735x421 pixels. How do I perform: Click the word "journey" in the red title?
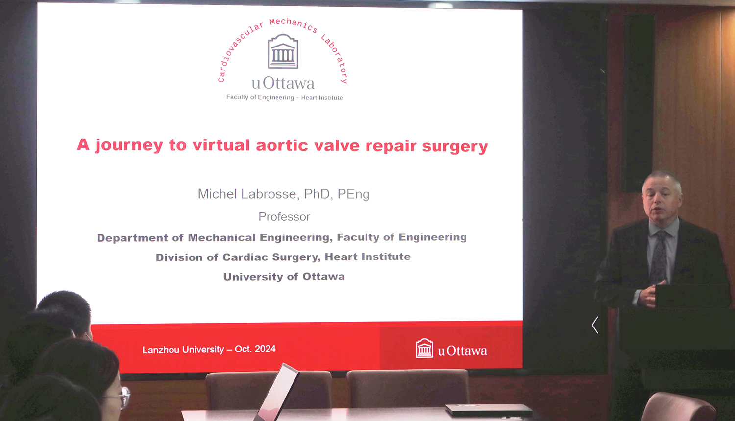(129, 145)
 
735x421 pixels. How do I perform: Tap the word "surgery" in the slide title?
(455, 146)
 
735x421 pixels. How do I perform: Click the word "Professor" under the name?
(284, 217)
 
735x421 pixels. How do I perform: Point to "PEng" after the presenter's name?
(353, 194)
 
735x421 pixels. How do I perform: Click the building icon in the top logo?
(283, 51)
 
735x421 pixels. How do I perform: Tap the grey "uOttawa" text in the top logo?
(283, 83)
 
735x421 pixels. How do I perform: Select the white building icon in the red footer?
(424, 348)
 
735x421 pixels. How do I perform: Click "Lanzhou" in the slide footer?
(161, 350)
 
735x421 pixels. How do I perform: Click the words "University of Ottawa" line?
(284, 277)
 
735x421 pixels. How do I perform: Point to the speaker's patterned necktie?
(659, 257)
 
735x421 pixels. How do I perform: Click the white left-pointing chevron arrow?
(595, 325)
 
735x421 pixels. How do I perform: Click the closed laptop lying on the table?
(489, 410)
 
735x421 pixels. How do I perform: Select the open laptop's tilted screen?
(277, 391)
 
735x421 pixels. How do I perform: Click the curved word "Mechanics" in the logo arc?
(294, 24)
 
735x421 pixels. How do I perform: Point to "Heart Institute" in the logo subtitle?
(322, 98)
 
